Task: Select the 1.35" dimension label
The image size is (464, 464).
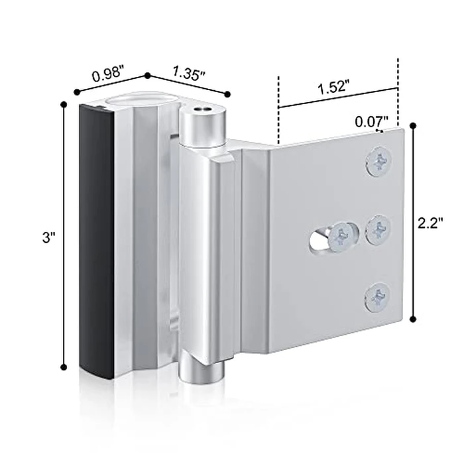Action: pos(188,71)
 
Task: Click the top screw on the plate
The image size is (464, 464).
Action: pos(378,161)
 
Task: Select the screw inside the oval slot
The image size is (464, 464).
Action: pos(343,235)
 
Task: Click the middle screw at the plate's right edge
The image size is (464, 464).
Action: pos(378,230)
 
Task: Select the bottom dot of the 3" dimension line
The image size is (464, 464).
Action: pos(64,367)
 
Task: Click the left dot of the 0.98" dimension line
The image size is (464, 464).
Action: pos(77,92)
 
